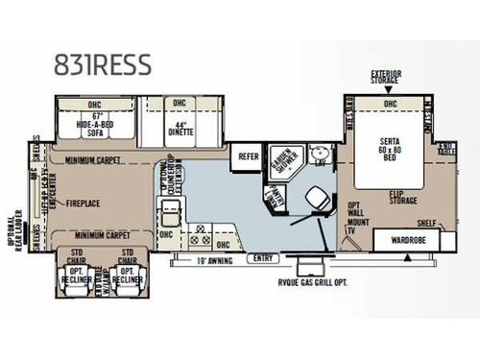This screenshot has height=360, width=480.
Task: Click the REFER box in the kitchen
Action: (x=249, y=156)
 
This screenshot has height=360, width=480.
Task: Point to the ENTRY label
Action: (x=261, y=259)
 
